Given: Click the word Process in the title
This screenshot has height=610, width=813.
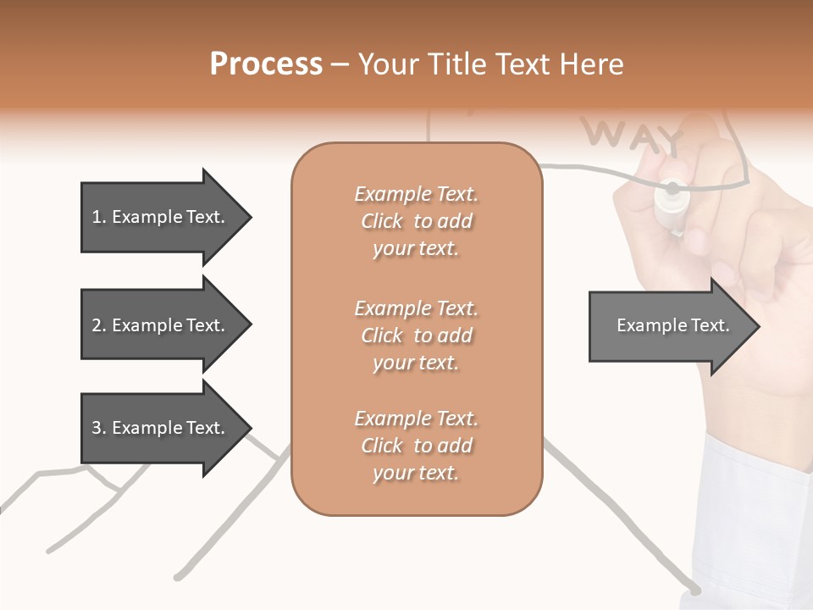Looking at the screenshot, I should (x=266, y=64).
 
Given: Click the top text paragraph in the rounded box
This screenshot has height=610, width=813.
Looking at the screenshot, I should (x=416, y=221).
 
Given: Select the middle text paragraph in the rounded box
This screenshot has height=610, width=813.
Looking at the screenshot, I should (x=416, y=335).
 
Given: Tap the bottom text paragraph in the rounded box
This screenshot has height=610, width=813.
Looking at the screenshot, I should (x=416, y=446).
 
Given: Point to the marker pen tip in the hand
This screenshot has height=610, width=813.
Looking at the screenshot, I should (x=672, y=188).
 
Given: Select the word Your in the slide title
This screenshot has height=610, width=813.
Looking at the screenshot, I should (x=386, y=64).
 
